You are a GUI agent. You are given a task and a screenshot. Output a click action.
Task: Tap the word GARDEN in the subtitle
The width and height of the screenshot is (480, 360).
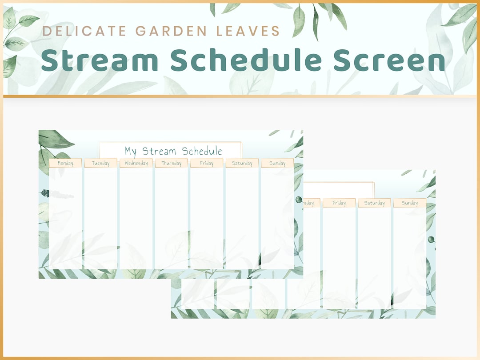tap(171, 31)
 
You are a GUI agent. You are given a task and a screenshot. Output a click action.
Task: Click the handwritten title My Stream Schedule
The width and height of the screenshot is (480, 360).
tap(173, 151)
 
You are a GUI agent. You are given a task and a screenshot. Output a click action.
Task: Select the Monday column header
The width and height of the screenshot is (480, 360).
tap(65, 163)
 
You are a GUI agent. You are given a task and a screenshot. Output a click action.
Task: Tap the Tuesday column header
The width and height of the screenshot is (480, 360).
tap(101, 163)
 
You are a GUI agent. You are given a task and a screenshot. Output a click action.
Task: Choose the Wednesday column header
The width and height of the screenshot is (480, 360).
tap(136, 163)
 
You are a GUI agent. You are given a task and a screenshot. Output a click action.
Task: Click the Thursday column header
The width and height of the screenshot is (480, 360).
tap(172, 163)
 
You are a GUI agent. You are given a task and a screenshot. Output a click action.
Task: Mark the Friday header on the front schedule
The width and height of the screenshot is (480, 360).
tap(207, 163)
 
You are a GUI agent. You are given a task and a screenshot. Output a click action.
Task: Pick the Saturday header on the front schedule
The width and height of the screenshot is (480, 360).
tap(242, 163)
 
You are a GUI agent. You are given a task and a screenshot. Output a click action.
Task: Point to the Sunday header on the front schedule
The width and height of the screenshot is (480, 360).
tap(277, 163)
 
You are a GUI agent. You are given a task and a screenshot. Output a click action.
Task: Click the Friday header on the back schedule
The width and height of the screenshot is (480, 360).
tap(339, 203)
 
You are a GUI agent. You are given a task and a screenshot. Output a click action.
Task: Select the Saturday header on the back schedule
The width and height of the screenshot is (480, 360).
tap(374, 203)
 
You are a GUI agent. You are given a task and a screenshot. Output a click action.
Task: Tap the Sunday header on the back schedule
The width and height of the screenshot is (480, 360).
tap(410, 203)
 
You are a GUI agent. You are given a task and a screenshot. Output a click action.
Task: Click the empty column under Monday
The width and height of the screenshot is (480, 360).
tap(65, 218)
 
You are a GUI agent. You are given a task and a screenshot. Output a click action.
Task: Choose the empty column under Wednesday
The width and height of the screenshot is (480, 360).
tap(136, 218)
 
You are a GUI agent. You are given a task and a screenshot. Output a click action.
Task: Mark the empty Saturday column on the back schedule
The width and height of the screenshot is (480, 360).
tap(374, 258)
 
